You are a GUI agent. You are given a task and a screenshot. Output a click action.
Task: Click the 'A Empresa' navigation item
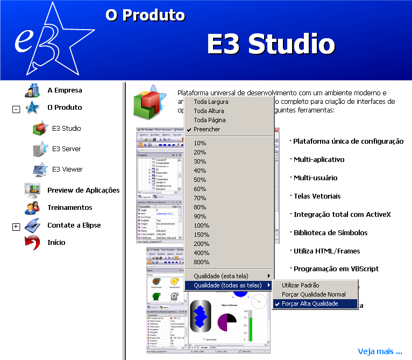[65, 90]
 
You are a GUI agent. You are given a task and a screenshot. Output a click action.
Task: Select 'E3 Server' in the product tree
[67, 149]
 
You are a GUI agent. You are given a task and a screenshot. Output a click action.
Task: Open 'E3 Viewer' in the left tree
[67, 170]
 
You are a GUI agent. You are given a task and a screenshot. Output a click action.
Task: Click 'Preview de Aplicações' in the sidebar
[83, 190]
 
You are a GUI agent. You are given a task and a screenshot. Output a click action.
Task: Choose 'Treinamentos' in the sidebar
[69, 208]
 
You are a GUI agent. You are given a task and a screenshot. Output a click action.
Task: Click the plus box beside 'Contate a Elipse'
[16, 227]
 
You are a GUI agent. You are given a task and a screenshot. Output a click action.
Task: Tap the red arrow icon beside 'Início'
[32, 243]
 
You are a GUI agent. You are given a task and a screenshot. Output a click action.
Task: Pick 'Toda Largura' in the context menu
[211, 102]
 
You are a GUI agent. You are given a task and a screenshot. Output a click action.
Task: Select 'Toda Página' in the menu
[210, 120]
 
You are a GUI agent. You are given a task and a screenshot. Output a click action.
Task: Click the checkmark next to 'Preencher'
[189, 130]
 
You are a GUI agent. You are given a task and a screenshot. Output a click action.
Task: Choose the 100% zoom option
[202, 225]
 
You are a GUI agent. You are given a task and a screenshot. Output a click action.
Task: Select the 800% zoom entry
[202, 262]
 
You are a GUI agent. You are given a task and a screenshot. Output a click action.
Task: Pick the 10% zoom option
[200, 143]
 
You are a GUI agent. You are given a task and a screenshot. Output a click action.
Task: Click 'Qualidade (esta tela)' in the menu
[225, 276]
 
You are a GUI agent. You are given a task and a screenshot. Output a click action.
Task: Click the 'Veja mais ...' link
[380, 351]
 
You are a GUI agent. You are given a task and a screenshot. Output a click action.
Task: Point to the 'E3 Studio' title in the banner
[271, 44]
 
